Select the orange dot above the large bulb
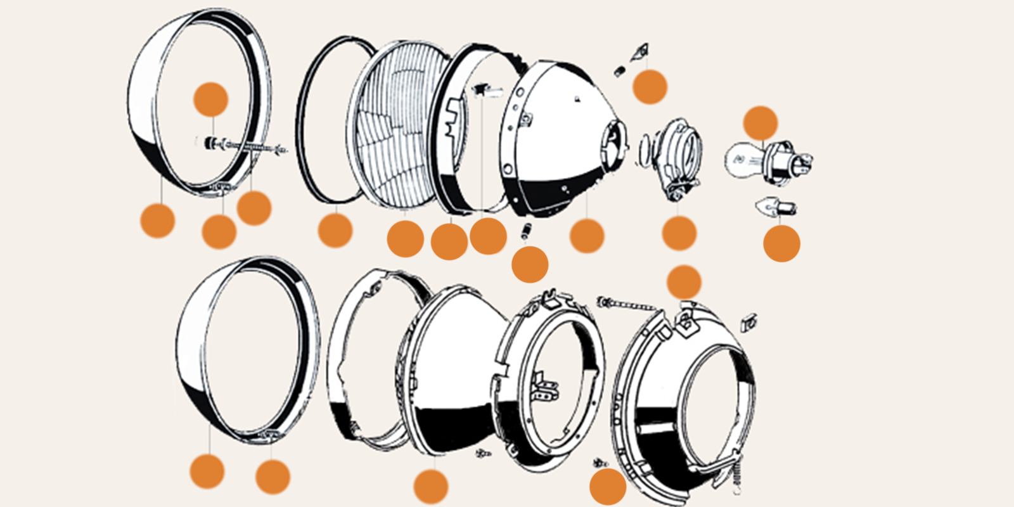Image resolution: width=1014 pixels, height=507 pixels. (x=760, y=123)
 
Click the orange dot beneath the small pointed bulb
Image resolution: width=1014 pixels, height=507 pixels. (x=781, y=243)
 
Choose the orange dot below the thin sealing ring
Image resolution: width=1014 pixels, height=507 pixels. (x=335, y=230)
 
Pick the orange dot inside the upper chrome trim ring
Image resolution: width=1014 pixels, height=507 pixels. (x=210, y=99)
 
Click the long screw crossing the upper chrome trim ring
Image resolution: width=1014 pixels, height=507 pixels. (x=244, y=147)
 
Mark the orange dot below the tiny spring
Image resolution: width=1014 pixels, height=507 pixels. (x=530, y=264)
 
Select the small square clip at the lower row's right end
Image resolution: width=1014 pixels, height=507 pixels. (x=748, y=323)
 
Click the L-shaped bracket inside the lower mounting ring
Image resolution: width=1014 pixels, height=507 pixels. (x=545, y=387)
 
